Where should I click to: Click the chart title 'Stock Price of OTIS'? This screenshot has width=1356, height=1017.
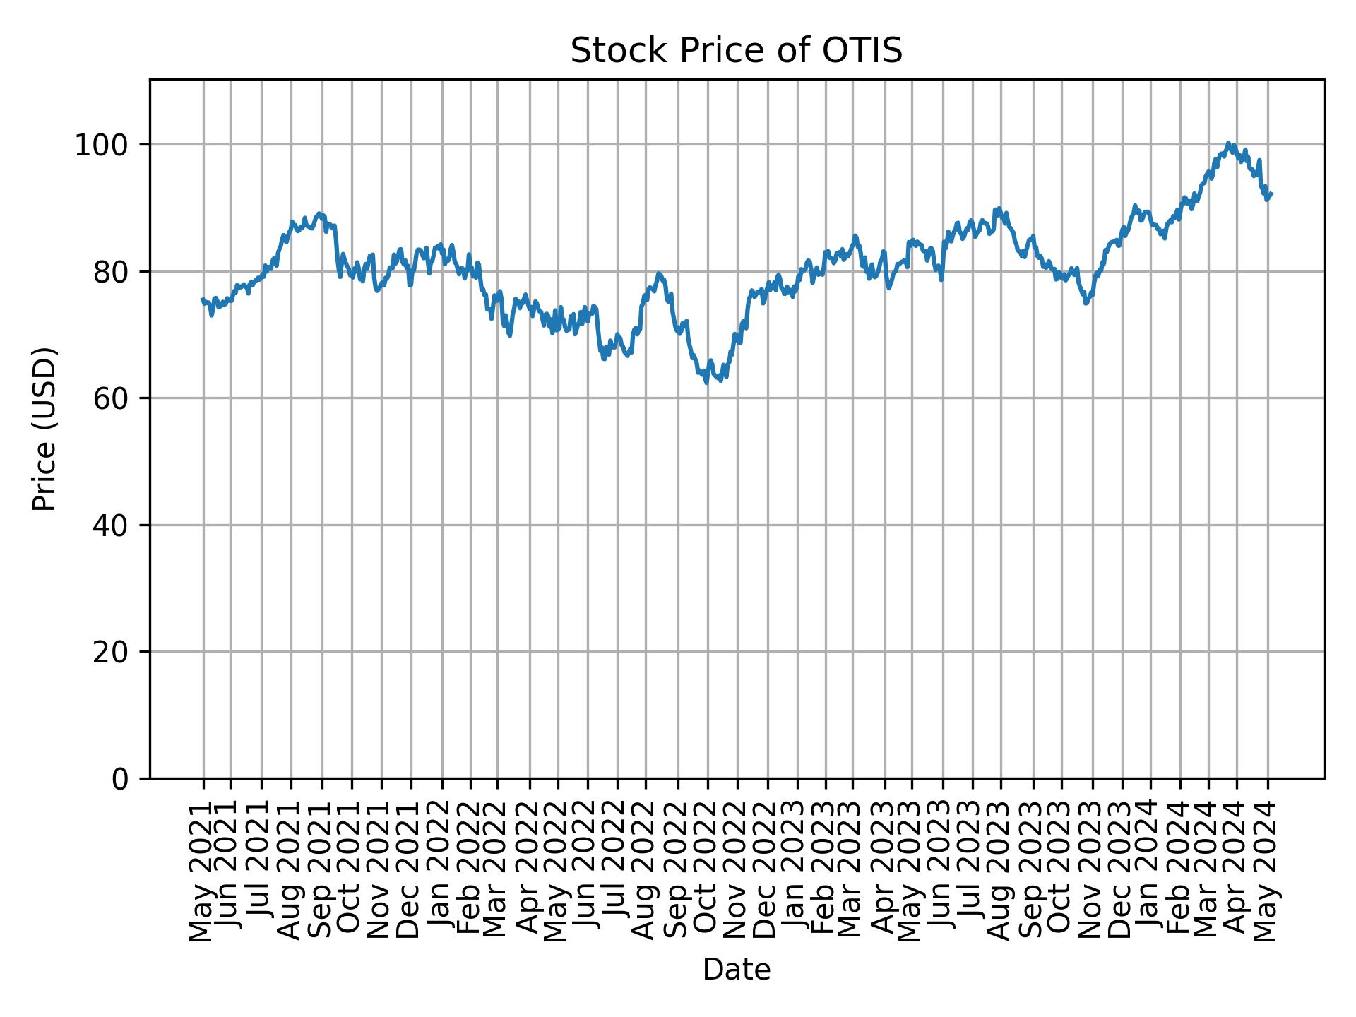click(736, 52)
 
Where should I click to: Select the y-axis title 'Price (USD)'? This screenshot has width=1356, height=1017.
click(44, 429)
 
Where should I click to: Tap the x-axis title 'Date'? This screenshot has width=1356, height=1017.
click(736, 970)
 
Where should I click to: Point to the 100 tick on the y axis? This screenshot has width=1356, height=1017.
click(105, 145)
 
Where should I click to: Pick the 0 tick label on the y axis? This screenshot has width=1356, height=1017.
click(121, 779)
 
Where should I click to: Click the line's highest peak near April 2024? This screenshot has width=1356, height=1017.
click(1228, 143)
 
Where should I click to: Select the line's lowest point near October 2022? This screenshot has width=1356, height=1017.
click(707, 383)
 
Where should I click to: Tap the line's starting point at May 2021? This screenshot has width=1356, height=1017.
click(203, 299)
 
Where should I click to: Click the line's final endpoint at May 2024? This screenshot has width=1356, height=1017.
click(1271, 194)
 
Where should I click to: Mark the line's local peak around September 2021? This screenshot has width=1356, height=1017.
click(320, 213)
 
